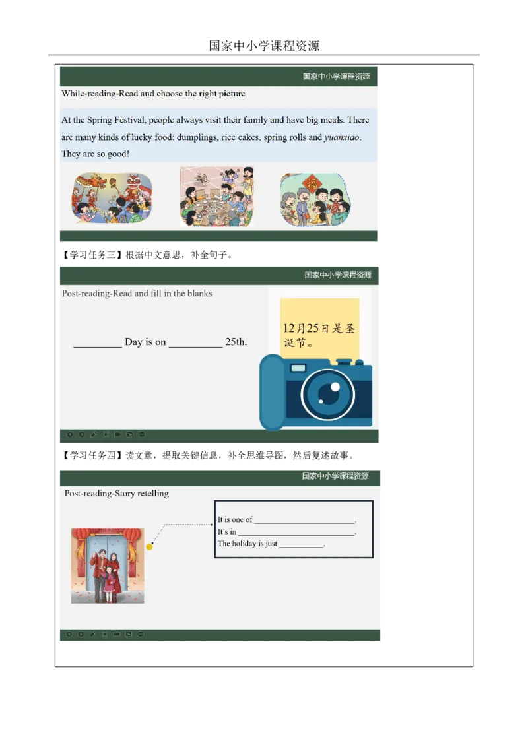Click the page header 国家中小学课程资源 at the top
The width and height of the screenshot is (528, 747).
264,46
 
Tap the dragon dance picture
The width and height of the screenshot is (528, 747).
112,198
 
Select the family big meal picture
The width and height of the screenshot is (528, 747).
217,196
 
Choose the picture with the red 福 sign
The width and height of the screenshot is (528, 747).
315,199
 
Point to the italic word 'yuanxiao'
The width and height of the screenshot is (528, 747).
342,137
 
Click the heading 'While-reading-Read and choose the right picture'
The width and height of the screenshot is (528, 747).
153,94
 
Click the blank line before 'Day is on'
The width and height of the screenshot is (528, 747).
98,347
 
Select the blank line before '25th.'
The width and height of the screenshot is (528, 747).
195,347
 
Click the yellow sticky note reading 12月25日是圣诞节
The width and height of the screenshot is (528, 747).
319,329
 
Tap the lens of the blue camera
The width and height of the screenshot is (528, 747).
328,393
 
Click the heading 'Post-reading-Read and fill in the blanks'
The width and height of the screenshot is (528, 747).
137,294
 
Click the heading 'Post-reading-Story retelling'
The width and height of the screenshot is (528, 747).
117,494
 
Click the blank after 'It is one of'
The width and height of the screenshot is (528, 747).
305,523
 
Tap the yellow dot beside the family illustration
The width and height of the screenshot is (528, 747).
149,546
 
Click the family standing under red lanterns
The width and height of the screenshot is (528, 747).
107,566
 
